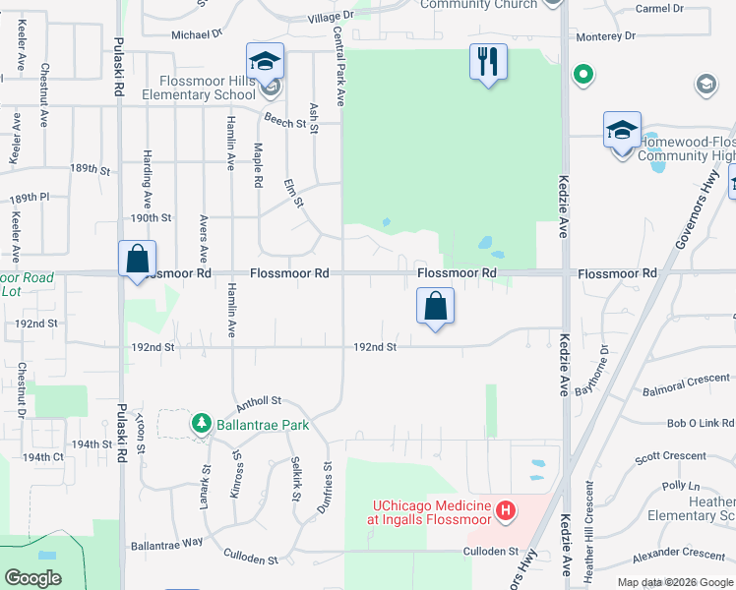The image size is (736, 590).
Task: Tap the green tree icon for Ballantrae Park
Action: pos(202,424)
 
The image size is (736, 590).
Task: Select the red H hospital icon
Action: pos(506,511)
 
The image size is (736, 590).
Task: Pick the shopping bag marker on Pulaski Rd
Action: pos(138,261)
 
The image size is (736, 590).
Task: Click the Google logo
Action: pos(33,578)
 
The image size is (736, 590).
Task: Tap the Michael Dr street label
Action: pos(197,34)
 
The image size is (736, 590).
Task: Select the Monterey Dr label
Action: pos(634,36)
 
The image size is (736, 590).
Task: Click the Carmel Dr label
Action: pos(659,9)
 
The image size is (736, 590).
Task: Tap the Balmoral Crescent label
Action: pos(687,378)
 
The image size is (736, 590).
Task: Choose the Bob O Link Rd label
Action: pos(701,424)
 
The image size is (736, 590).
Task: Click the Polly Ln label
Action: pos(680,486)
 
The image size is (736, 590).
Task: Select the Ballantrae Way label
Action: pos(166,543)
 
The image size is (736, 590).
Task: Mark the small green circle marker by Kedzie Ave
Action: pos(583,74)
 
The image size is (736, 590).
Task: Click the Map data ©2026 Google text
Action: pos(674,582)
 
